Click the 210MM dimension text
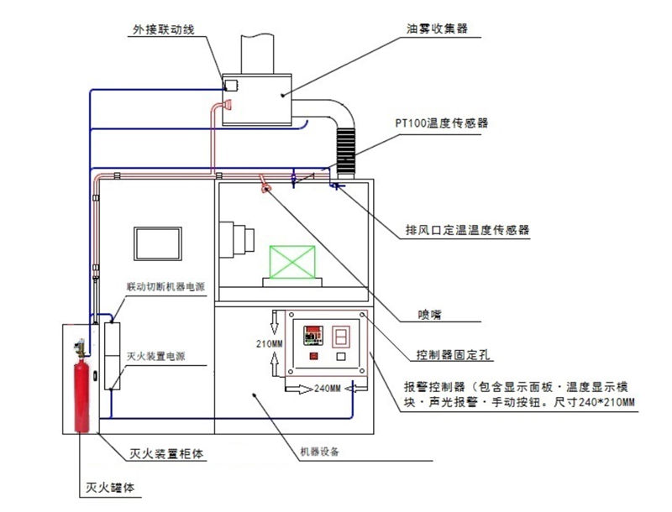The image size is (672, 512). coord(270,343)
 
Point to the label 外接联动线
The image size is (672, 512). coord(165,29)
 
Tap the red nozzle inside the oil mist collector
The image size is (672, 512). coord(223,105)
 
